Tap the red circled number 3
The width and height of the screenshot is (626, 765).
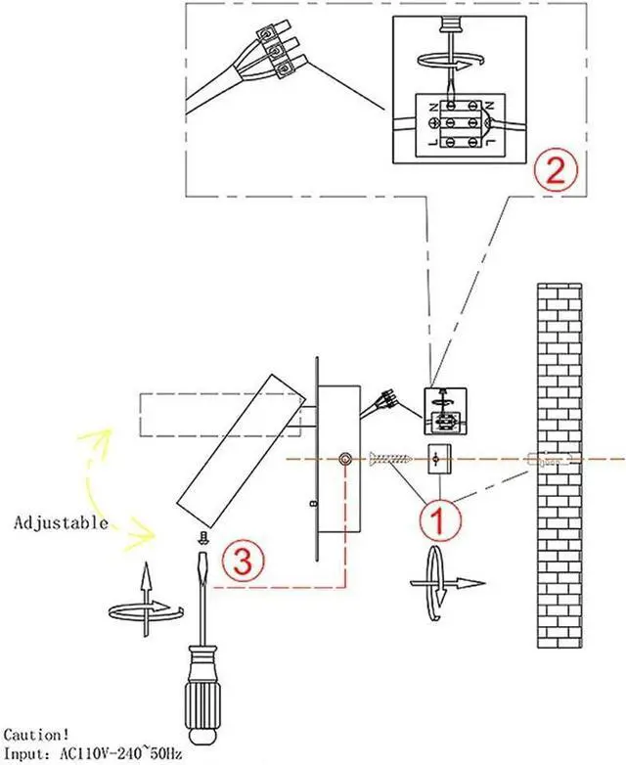click(x=241, y=561)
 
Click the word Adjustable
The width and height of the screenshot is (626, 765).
click(x=61, y=522)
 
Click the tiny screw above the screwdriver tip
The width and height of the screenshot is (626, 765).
click(x=201, y=536)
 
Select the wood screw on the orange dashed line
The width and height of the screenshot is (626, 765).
click(x=391, y=457)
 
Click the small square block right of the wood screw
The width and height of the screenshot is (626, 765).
click(x=438, y=458)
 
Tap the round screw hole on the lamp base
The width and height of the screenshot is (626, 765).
click(x=345, y=459)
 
